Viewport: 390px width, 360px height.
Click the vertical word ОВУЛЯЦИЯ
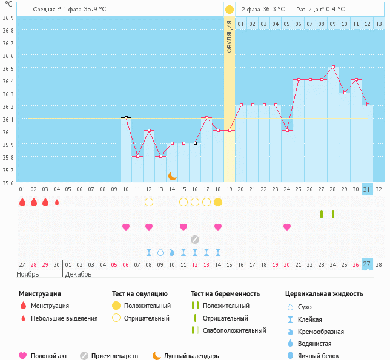230,36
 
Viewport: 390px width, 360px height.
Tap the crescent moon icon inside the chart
173,175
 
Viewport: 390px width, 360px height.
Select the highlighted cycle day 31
367,189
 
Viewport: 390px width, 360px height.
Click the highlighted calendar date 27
367,264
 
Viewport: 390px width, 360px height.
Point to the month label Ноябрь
27,274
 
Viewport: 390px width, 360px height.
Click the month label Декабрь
79,274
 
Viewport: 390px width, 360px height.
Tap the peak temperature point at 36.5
332,67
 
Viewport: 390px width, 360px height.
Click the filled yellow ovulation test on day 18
218,202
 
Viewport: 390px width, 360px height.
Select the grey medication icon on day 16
195,239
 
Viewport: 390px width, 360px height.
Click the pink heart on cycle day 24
287,227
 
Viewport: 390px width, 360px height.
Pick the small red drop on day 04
57,202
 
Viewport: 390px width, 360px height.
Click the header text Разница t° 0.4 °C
320,10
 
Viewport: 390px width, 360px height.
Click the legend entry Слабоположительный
234,330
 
